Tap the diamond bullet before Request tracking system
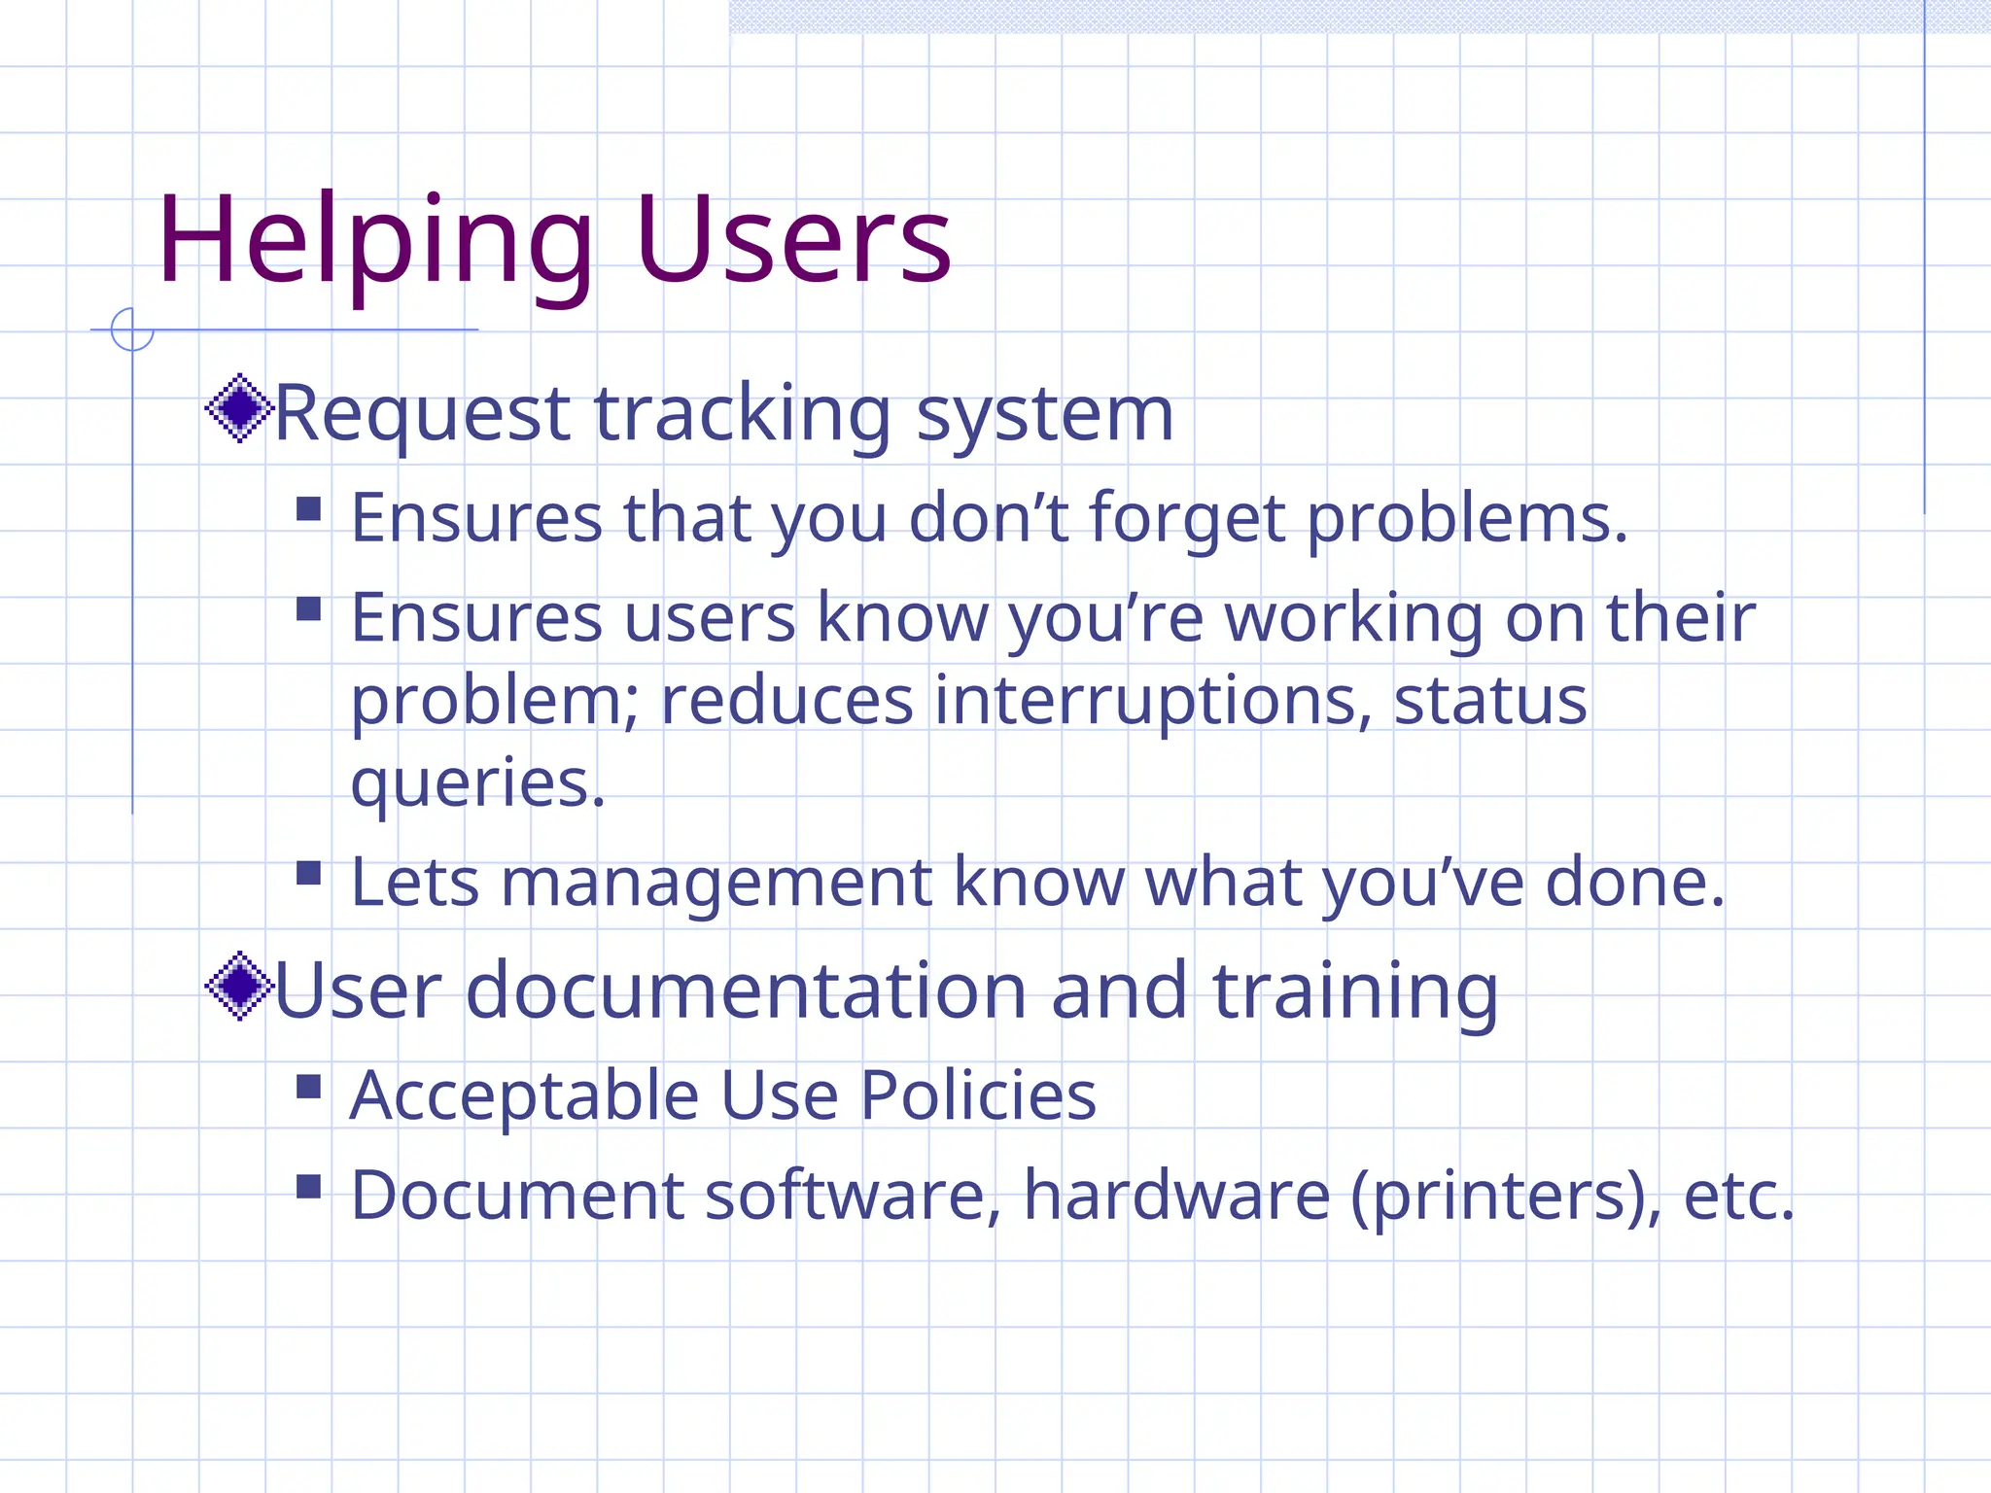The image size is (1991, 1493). click(x=239, y=408)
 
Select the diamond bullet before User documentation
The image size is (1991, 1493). click(x=239, y=986)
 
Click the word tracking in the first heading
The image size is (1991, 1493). click(x=742, y=414)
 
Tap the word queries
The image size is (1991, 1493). click(x=476, y=783)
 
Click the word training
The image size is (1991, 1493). click(x=1355, y=990)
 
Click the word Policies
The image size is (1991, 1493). click(x=978, y=1095)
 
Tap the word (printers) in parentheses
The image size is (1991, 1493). click(x=1506, y=1197)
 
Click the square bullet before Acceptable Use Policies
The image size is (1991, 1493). click(x=308, y=1086)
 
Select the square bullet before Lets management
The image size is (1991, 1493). click(x=308, y=872)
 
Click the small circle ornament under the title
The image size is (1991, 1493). click(x=132, y=330)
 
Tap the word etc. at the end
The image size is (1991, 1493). click(x=1738, y=1197)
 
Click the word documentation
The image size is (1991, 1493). click(x=747, y=990)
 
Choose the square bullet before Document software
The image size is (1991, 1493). click(x=308, y=1186)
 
